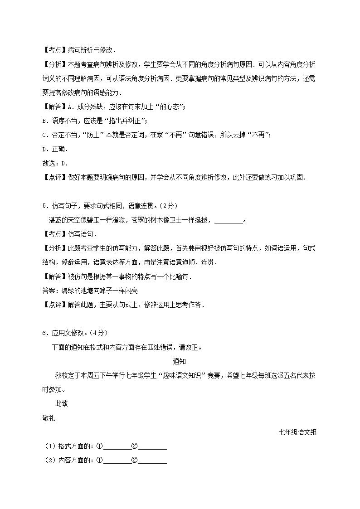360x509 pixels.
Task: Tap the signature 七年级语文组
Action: click(x=297, y=432)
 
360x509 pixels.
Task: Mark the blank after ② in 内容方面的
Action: click(x=152, y=461)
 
